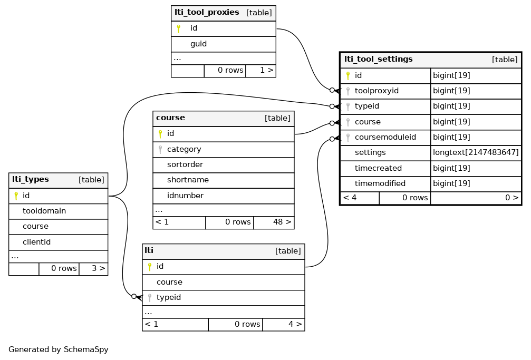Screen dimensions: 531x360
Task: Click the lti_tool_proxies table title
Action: [x=207, y=13]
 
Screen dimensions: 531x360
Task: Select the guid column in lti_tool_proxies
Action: [x=198, y=44]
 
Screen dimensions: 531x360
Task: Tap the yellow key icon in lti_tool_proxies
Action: [x=178, y=28]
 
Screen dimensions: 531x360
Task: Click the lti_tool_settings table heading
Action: [x=378, y=59]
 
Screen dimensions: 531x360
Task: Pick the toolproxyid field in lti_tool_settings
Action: [x=376, y=91]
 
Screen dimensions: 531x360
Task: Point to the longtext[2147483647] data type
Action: [x=476, y=152]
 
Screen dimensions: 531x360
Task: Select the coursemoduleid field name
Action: [x=385, y=137]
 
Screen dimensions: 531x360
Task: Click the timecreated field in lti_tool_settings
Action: [x=378, y=168]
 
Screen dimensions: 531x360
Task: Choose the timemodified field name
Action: [x=380, y=183]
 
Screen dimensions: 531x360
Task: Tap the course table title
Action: [x=170, y=118]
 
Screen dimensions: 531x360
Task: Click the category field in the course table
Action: [x=184, y=149]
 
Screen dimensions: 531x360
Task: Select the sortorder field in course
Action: [x=185, y=164]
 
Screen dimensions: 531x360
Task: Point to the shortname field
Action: [x=188, y=180]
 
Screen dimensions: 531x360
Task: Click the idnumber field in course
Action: [x=185, y=196]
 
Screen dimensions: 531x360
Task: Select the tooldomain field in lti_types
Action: [x=44, y=211]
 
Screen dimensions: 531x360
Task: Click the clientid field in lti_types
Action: [x=36, y=242]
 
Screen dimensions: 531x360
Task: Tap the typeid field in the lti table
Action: [x=169, y=297]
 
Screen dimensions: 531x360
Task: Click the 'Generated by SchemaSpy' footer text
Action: [x=58, y=350]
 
